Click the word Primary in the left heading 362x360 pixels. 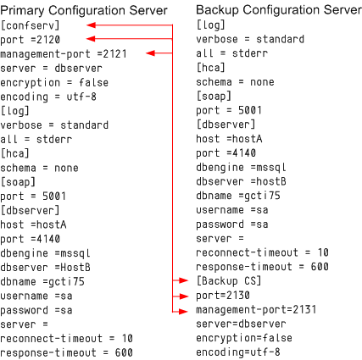pos(22,11)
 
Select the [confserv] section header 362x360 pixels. pos(31,25)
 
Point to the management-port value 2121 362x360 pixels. pos(114,53)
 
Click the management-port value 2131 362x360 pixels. pos(304,309)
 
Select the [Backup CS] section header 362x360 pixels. pos(229,281)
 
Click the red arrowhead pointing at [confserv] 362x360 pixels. pos(91,25)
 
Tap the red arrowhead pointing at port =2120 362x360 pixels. pos(91,39)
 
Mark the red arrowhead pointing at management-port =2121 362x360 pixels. pos(151,53)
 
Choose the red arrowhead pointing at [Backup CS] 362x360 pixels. pos(183,280)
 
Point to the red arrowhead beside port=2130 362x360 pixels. pos(183,296)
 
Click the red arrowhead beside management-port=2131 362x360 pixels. pos(183,312)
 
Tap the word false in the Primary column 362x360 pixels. pos(93,82)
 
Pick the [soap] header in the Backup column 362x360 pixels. pos(214,96)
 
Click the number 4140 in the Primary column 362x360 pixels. pos(48,239)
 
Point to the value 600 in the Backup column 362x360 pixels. pos(320,267)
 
